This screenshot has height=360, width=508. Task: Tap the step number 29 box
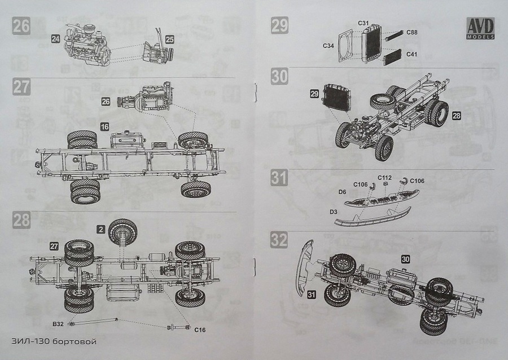279,26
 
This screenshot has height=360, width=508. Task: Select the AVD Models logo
480,29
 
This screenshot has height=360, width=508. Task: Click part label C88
412,32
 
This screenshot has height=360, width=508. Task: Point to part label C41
412,54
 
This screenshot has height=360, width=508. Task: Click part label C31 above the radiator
364,23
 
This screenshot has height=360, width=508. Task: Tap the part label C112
384,176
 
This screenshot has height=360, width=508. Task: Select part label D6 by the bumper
342,192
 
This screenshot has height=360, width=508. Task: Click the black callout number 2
100,229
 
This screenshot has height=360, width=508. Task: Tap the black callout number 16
104,127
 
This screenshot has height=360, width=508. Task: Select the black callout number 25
170,39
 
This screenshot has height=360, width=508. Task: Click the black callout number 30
406,259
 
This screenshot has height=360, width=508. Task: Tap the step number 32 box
279,239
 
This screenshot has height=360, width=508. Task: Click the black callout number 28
456,115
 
